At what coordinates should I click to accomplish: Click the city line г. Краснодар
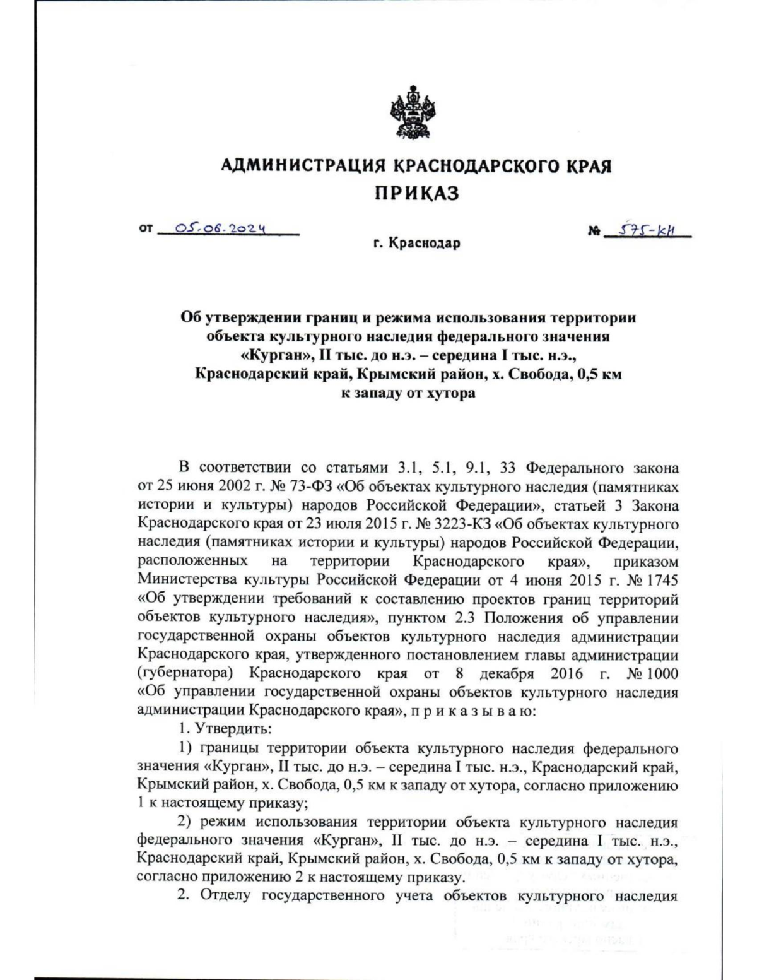(x=416, y=243)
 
